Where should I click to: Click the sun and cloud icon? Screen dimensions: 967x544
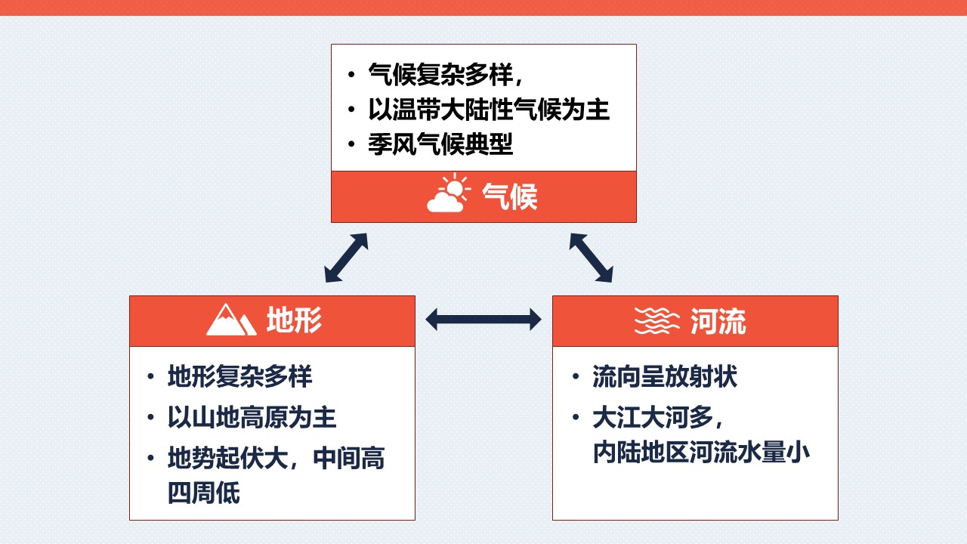tap(449, 193)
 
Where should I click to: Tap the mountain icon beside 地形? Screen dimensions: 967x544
tap(231, 320)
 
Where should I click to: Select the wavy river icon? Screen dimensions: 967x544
tap(657, 321)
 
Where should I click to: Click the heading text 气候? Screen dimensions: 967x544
tap(510, 197)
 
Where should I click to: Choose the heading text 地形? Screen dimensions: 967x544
tap(294, 320)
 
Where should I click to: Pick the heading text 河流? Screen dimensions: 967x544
tap(718, 321)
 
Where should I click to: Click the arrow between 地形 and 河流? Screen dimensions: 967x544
tap(483, 320)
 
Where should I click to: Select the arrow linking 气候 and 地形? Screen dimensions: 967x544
tap(346, 258)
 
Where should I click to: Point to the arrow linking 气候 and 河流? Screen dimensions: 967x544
tap(591, 258)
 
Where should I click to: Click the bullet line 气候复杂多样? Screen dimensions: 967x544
tap(446, 74)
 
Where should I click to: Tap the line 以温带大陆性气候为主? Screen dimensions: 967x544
tap(489, 110)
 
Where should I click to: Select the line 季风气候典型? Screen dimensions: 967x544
tap(440, 144)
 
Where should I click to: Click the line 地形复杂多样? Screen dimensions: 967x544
tap(240, 376)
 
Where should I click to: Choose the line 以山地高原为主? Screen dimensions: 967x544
tap(252, 417)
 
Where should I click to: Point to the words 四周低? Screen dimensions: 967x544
tap(204, 493)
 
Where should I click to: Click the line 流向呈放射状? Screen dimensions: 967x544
tap(665, 376)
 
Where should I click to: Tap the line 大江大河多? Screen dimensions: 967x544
tap(658, 417)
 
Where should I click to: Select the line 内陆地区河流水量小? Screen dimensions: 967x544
tap(701, 452)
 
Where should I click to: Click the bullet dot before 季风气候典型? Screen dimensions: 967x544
tap(351, 144)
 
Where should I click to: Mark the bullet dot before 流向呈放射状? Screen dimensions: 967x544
tap(576, 376)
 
